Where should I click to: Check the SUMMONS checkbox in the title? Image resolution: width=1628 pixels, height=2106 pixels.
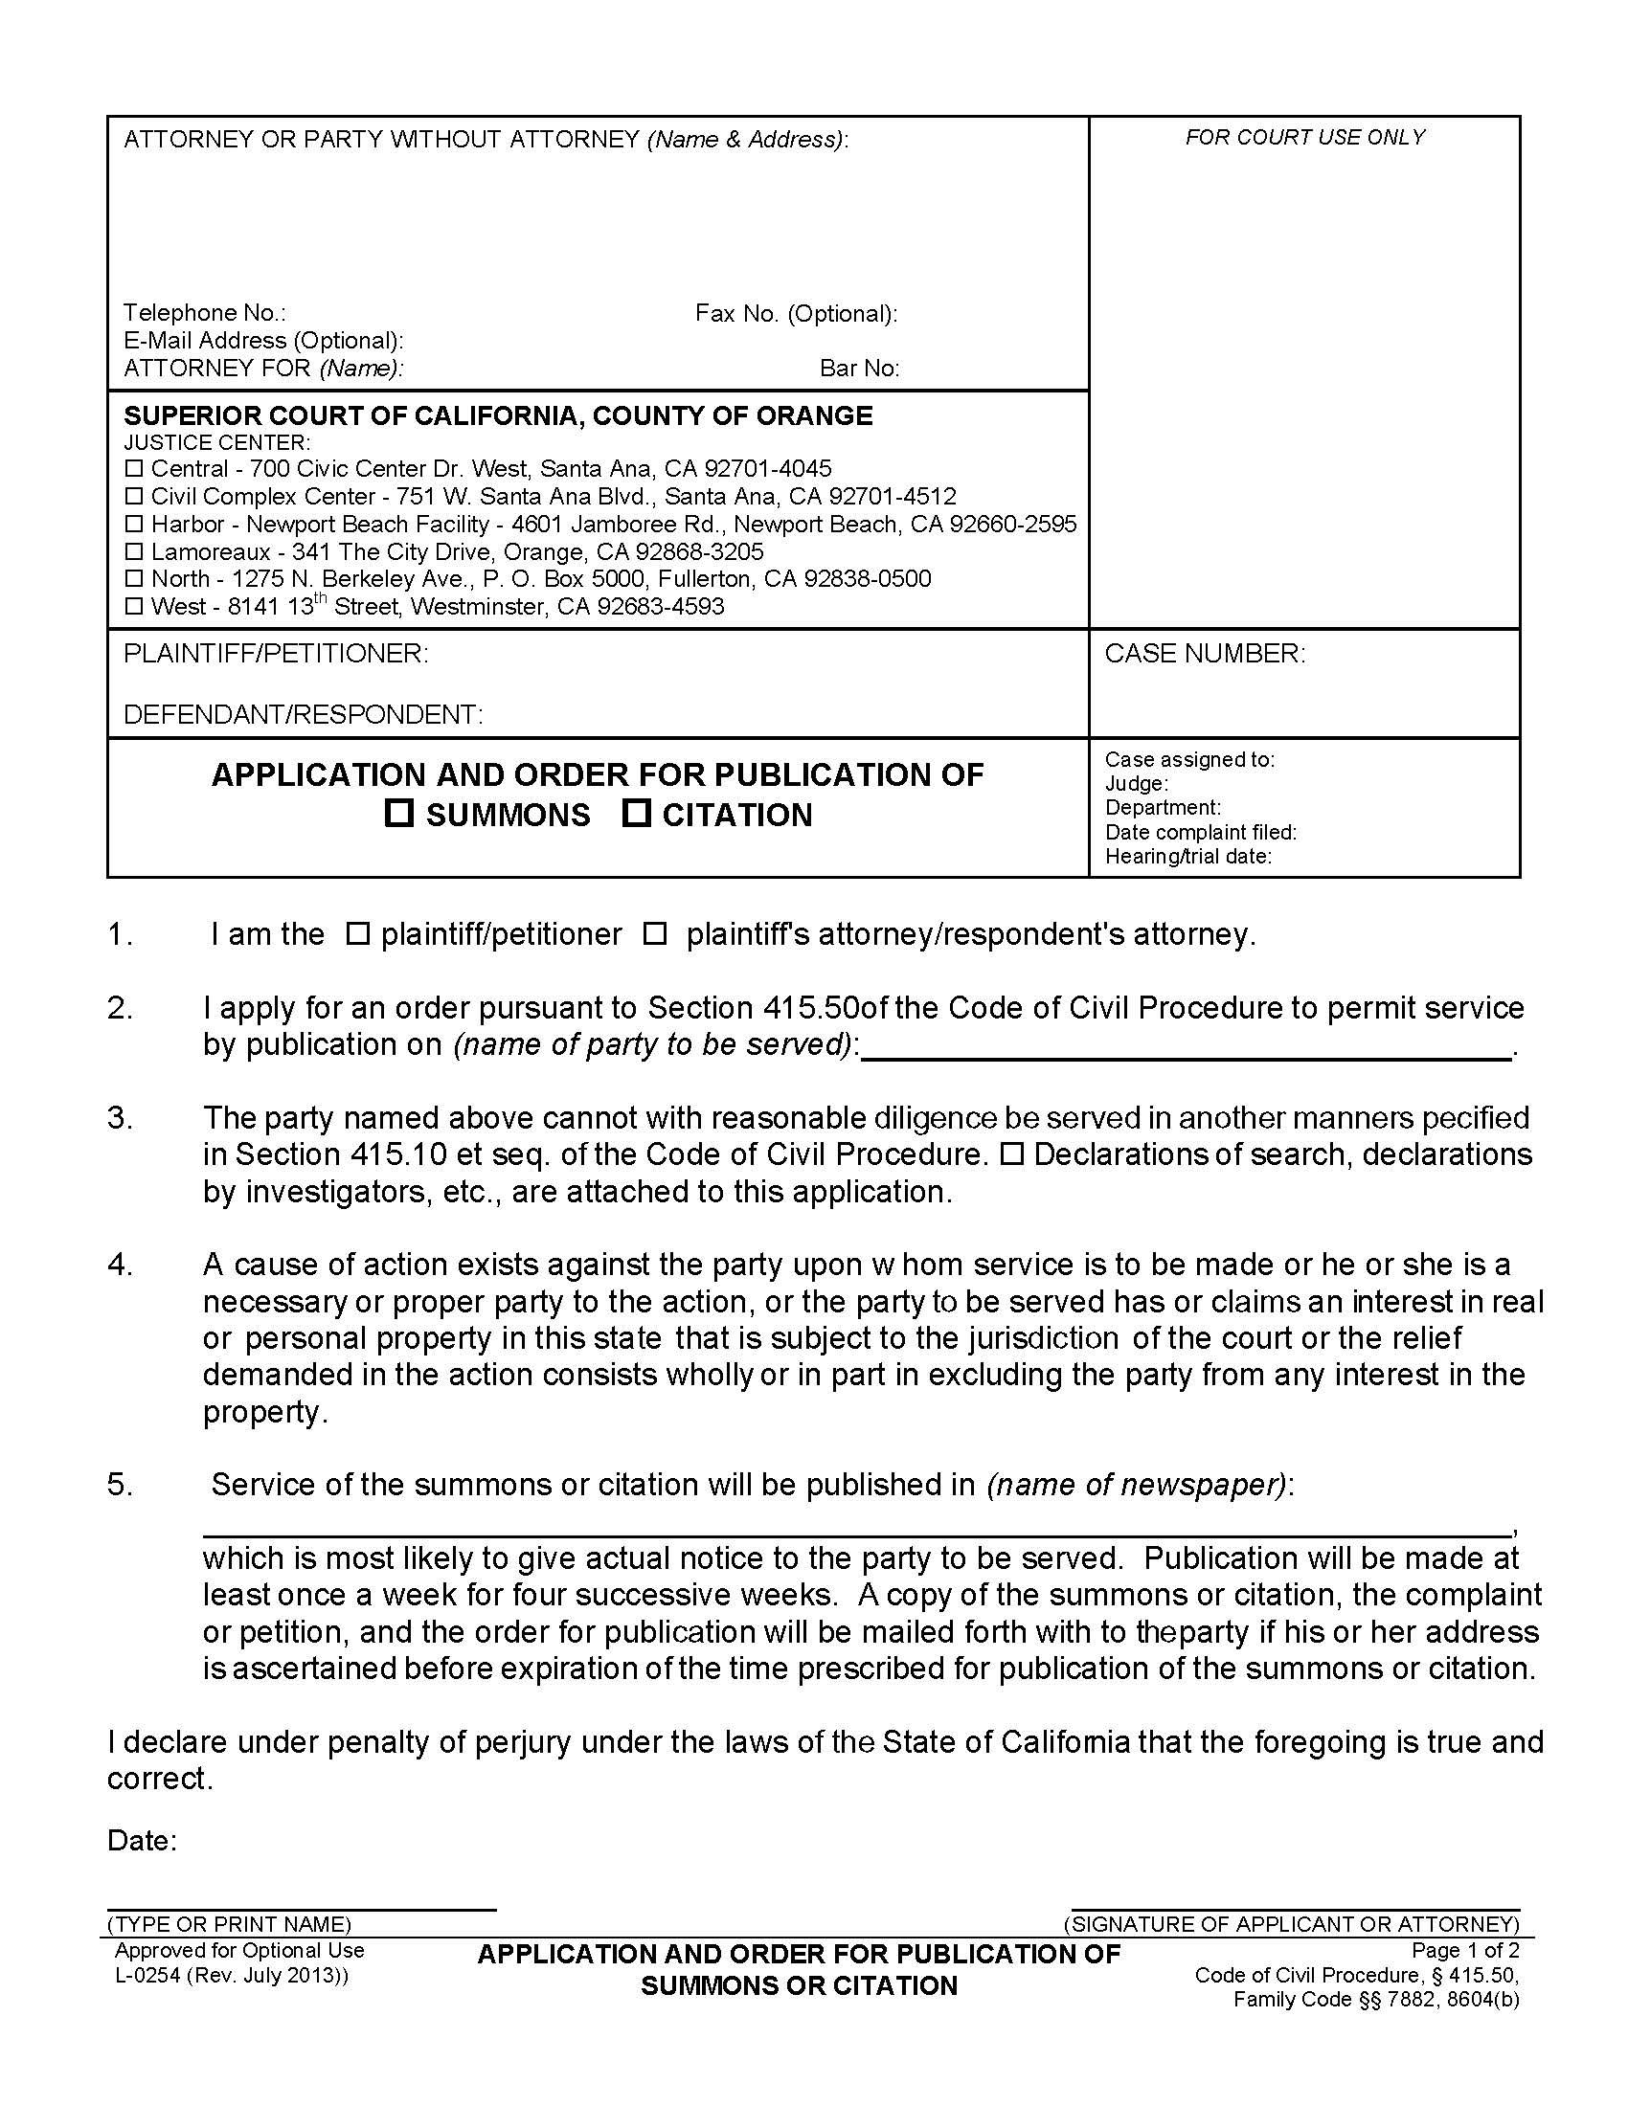398,814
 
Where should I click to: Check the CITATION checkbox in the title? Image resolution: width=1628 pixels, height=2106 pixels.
636,814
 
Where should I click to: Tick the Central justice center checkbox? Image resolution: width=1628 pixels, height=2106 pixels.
134,469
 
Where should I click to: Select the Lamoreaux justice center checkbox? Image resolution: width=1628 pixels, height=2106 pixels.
134,551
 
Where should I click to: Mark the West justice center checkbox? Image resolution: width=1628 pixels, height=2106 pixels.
134,607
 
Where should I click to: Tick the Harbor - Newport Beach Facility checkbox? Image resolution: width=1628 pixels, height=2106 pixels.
134,524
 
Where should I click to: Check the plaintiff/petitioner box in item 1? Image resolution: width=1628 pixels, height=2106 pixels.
357,933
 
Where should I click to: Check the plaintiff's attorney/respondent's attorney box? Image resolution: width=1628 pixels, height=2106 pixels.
655,933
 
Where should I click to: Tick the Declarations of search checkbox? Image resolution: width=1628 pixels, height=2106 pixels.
1011,1154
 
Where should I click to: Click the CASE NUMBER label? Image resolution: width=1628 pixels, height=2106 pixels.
1205,654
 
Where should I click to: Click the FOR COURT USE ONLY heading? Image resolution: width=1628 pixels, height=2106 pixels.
1305,138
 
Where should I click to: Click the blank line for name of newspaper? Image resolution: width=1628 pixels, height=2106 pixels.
856,1534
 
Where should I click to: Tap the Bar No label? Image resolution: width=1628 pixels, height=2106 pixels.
859,369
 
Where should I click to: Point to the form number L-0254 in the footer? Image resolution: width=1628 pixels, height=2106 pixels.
232,1975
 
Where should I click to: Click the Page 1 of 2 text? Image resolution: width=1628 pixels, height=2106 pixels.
1465,1950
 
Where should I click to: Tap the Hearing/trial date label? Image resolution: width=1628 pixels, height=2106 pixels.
1188,857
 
